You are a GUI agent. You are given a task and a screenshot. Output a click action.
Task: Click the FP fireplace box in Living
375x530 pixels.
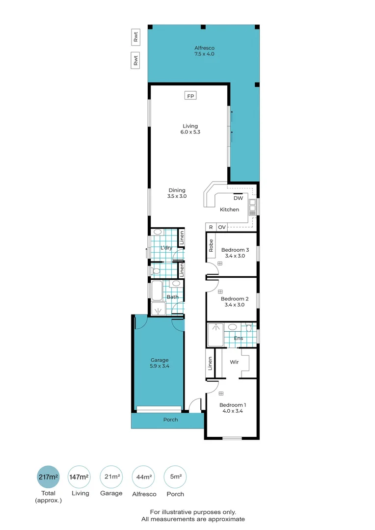pyautogui.click(x=190, y=96)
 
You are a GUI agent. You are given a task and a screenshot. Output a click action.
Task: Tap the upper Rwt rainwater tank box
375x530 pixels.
pyautogui.click(x=135, y=37)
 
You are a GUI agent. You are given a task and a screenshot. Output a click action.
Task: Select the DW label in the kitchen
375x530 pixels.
pyautogui.click(x=238, y=198)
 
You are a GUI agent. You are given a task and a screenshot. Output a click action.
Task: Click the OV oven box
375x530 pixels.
pyautogui.click(x=222, y=227)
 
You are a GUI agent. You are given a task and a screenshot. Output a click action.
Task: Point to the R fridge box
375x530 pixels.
pyautogui.click(x=211, y=227)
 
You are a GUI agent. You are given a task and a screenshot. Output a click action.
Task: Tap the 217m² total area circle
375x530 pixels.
pyautogui.click(x=48, y=477)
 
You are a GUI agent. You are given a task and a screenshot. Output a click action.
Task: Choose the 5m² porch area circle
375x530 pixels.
pyautogui.click(x=175, y=477)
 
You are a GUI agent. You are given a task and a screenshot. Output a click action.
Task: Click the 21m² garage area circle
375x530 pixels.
pyautogui.click(x=111, y=477)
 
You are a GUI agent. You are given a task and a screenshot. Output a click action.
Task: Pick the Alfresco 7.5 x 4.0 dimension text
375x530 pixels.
pyautogui.click(x=204, y=53)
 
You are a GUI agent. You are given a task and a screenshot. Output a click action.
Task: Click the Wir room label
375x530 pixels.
pyautogui.click(x=234, y=363)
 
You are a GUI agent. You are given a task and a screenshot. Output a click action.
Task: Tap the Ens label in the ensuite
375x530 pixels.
pyautogui.click(x=238, y=338)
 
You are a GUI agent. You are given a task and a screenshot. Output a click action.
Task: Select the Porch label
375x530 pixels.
pyautogui.click(x=170, y=420)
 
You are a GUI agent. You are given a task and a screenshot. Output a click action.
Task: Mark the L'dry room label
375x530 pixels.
pyautogui.click(x=166, y=247)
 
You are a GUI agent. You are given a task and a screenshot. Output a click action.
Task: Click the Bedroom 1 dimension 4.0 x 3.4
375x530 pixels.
pyautogui.click(x=233, y=411)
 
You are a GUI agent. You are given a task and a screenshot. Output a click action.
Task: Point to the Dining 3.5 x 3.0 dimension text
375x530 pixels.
pyautogui.click(x=177, y=196)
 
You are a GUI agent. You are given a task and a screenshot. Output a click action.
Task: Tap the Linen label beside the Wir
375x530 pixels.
pyautogui.click(x=211, y=363)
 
